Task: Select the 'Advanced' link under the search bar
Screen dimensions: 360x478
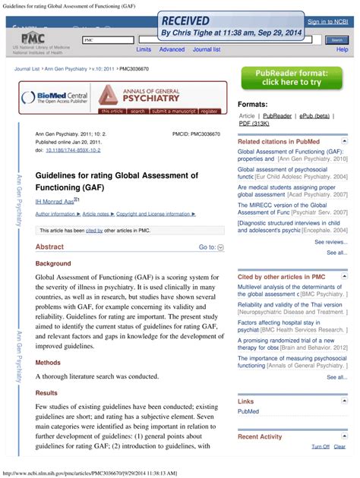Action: [172, 49]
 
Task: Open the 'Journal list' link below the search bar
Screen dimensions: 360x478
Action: [207, 49]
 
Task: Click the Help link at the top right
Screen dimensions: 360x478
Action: [342, 49]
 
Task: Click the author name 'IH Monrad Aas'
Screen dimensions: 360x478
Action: [54, 201]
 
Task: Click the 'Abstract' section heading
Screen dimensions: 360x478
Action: [49, 247]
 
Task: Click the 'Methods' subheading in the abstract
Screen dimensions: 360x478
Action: [48, 363]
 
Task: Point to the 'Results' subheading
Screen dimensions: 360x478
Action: [46, 393]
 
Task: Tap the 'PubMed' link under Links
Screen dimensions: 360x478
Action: [248, 411]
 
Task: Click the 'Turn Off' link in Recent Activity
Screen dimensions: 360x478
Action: [321, 447]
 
